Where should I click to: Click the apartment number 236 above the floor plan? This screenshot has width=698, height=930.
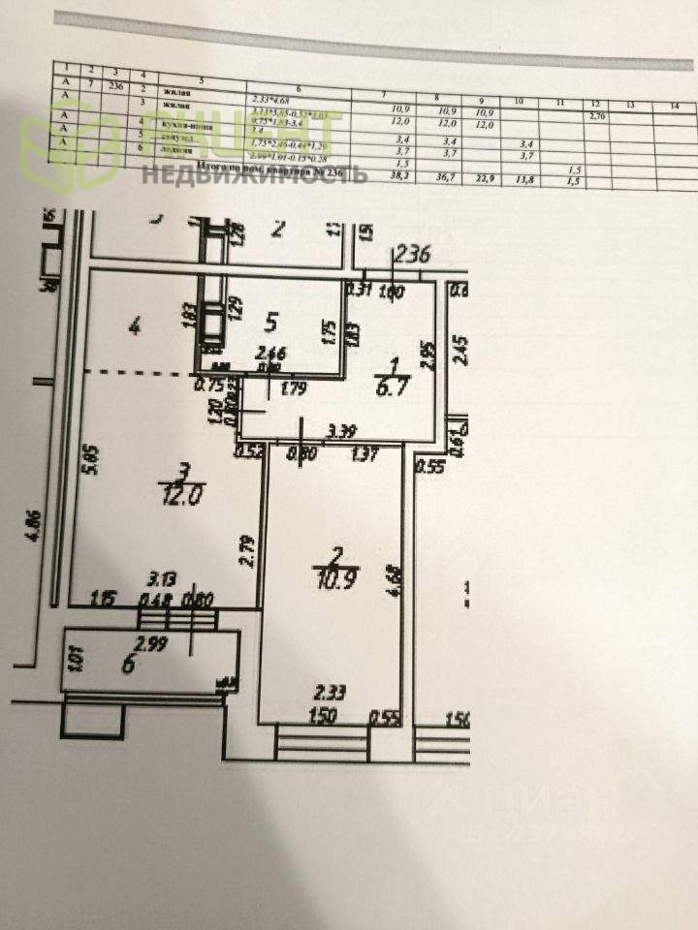click(410, 257)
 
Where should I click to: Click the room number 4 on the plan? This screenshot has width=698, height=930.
click(136, 327)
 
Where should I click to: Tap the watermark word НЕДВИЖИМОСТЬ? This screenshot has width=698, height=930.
click(254, 174)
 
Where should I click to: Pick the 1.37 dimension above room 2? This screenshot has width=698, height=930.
click(365, 451)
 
